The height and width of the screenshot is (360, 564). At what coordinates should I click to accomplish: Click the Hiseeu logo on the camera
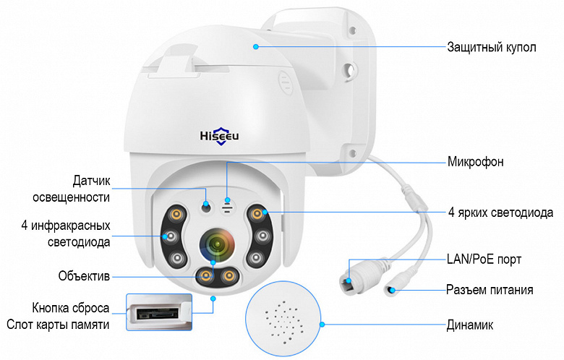click(219, 136)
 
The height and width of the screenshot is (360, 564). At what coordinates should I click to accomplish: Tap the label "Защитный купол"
click(492, 47)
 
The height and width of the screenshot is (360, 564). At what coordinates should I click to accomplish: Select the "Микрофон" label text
click(475, 162)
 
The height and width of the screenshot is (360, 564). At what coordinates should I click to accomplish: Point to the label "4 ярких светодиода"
click(500, 213)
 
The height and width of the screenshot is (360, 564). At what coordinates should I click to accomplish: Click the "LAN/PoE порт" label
click(484, 259)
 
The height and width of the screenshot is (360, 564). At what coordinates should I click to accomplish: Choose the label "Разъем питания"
click(490, 289)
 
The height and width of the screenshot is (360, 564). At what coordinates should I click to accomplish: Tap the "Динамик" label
click(470, 325)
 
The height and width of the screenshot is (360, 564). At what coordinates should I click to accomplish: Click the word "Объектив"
click(84, 276)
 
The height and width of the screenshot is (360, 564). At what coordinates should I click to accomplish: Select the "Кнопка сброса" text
click(71, 308)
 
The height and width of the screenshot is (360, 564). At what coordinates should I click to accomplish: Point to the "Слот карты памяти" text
click(58, 325)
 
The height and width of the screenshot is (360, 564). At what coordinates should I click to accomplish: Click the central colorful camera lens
click(217, 245)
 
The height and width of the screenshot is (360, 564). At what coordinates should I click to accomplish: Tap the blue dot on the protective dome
click(256, 47)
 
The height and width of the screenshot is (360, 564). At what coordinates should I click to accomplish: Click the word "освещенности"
click(71, 197)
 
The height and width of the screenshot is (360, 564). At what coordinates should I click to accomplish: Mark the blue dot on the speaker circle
click(322, 325)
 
